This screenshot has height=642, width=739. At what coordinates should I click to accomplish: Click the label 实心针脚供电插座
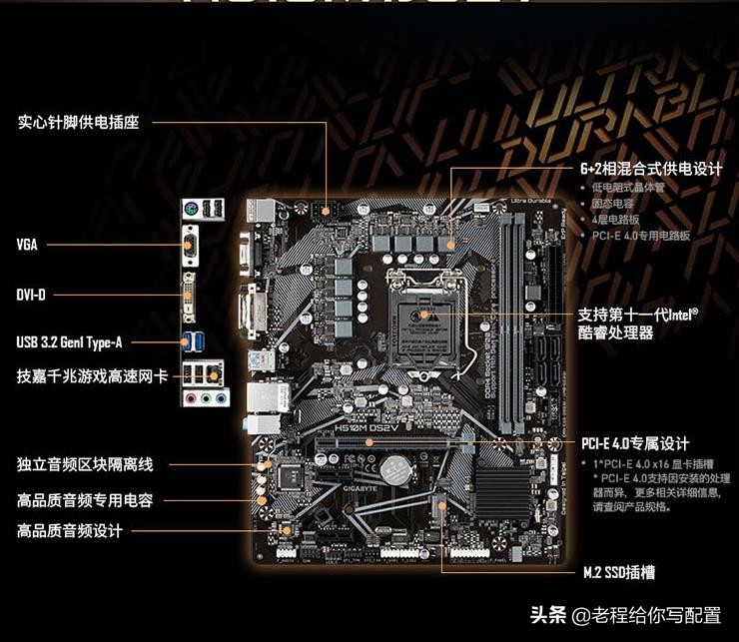pyautogui.click(x=78, y=123)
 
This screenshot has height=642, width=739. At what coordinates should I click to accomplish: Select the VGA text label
pyautogui.click(x=27, y=245)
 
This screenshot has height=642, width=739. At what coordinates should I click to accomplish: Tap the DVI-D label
pyautogui.click(x=31, y=295)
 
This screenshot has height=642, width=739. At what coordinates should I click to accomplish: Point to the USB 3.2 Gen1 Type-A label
pyautogui.click(x=69, y=342)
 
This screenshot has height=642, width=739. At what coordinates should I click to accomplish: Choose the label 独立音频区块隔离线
pyautogui.click(x=85, y=464)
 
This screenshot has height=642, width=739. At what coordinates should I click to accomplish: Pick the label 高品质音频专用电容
pyautogui.click(x=85, y=498)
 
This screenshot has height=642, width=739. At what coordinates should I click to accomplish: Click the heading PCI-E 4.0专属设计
pyautogui.click(x=635, y=443)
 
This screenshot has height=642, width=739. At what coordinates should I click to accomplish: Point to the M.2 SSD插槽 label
pyautogui.click(x=619, y=573)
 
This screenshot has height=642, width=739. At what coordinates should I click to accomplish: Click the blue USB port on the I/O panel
pyautogui.click(x=189, y=341)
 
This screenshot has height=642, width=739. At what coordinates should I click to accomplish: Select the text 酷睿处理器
pyautogui.click(x=616, y=332)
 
